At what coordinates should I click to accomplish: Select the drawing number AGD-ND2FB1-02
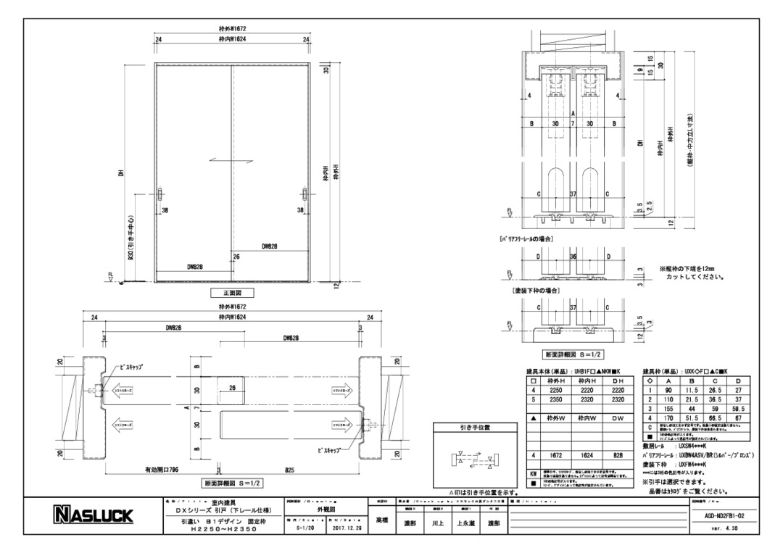point(725,515)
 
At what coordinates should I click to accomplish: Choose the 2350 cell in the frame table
point(556,399)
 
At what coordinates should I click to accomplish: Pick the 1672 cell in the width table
point(556,456)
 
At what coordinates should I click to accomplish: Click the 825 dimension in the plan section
point(289,470)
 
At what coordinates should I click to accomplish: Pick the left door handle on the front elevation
point(159,196)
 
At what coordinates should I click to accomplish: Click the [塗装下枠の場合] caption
point(538,290)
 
